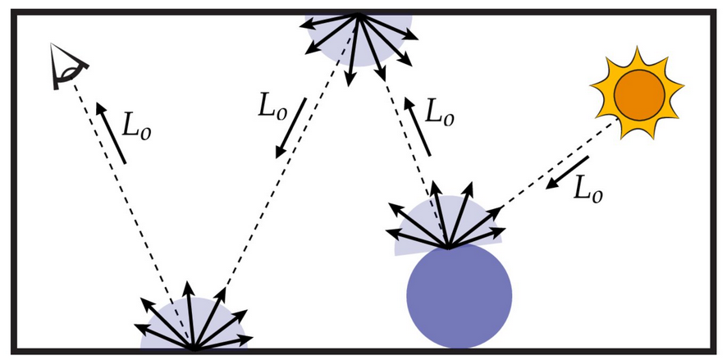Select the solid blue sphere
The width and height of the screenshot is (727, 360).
click(x=460, y=297)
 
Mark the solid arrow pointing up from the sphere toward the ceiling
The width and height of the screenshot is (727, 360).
click(x=416, y=127)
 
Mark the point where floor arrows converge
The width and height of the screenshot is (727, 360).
click(x=194, y=349)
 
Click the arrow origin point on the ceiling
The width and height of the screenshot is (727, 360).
click(x=359, y=14)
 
